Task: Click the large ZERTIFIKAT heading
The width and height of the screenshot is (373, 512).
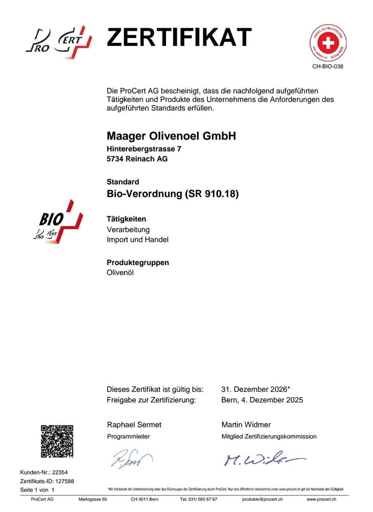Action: tap(179, 37)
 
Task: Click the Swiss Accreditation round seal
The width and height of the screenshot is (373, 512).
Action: tap(328, 43)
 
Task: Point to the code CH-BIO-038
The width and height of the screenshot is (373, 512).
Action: tap(327, 66)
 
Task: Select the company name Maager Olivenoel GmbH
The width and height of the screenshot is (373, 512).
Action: tap(171, 136)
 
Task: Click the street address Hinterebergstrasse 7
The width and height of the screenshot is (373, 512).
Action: tap(144, 149)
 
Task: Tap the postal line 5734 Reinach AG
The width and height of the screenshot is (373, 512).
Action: tap(137, 159)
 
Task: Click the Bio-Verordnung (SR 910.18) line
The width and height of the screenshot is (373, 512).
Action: tap(173, 194)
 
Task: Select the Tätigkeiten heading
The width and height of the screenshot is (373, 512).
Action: tap(126, 219)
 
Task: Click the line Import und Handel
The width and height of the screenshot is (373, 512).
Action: tap(137, 240)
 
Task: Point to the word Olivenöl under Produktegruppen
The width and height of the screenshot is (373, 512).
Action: tap(120, 273)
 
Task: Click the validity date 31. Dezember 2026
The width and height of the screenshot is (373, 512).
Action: tap(254, 389)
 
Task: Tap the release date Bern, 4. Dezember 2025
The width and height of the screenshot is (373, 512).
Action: tap(262, 400)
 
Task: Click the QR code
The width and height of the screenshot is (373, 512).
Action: tap(57, 441)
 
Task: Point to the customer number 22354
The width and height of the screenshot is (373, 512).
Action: tap(60, 472)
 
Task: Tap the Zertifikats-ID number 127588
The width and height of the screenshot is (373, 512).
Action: tap(64, 481)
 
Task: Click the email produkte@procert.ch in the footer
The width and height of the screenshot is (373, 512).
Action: tap(262, 499)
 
